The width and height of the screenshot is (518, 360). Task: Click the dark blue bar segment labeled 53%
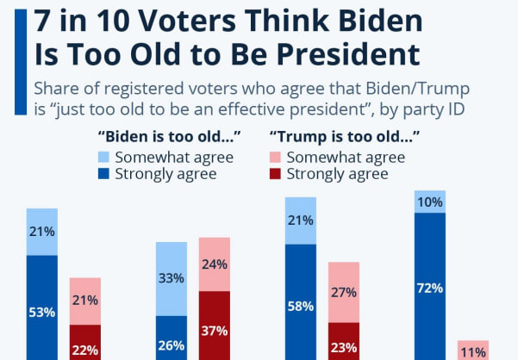(x=42, y=307)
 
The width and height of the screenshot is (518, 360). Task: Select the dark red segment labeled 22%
(x=85, y=342)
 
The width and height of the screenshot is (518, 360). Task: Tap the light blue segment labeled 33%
(x=172, y=279)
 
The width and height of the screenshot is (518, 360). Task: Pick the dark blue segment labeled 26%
(x=172, y=338)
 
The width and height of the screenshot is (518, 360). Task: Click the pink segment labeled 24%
(x=215, y=264)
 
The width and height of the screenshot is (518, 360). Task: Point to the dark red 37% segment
(x=215, y=326)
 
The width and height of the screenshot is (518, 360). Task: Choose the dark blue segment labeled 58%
(x=301, y=302)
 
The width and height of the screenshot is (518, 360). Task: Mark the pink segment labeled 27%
(x=344, y=292)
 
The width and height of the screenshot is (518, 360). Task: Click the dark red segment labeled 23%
(x=344, y=341)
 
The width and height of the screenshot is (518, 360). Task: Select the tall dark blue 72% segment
(x=430, y=287)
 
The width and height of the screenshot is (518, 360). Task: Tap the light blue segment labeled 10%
(x=430, y=202)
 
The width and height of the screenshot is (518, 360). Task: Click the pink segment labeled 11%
(x=473, y=351)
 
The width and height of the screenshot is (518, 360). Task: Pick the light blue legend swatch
(x=103, y=157)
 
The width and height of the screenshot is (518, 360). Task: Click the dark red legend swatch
(x=275, y=174)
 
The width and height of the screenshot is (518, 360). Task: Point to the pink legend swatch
(x=275, y=157)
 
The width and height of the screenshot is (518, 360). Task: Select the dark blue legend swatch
(x=103, y=174)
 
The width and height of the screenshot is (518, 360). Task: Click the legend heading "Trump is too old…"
(x=345, y=137)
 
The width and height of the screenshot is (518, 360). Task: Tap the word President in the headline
(x=348, y=53)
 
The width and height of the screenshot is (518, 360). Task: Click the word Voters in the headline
(x=187, y=21)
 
